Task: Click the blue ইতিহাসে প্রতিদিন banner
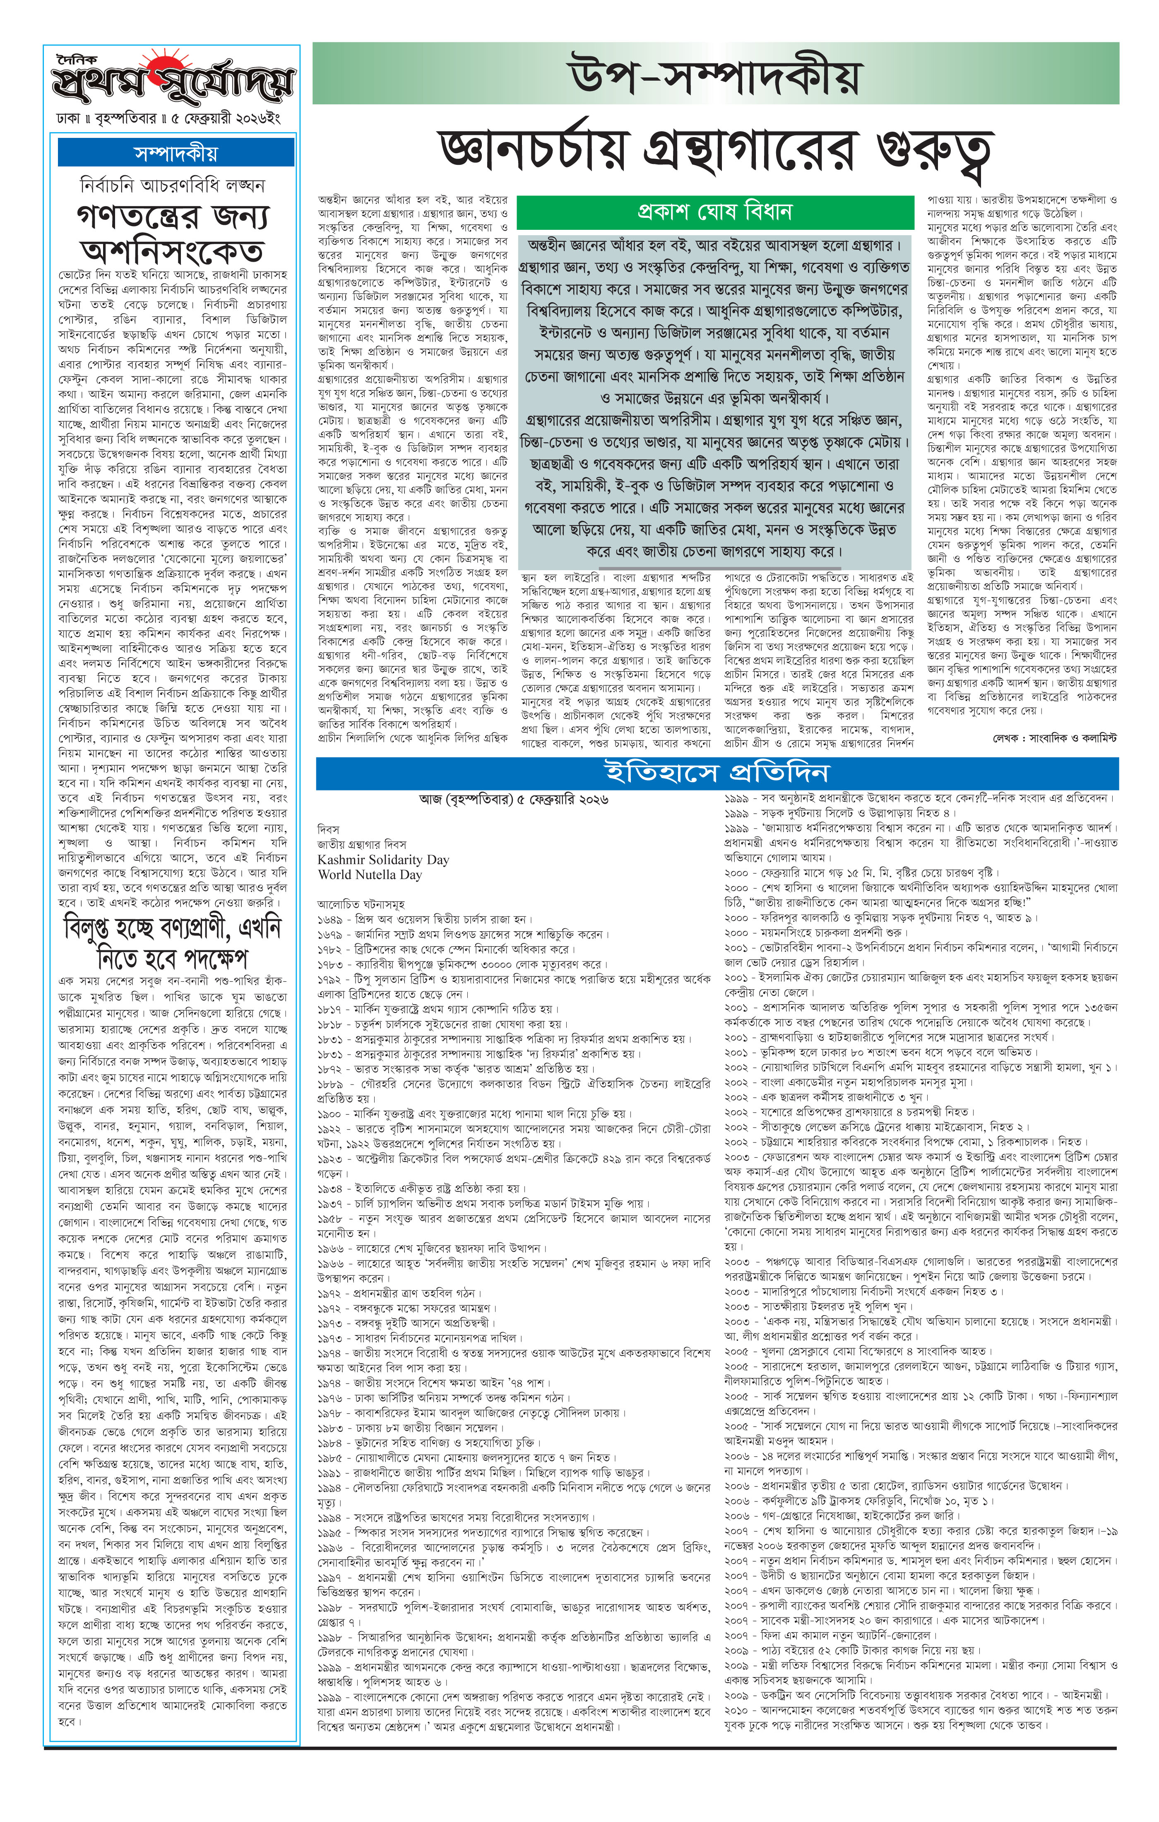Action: [717, 773]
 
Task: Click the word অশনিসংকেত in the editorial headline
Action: [173, 251]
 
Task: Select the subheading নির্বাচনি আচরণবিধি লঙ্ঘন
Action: [173, 186]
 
